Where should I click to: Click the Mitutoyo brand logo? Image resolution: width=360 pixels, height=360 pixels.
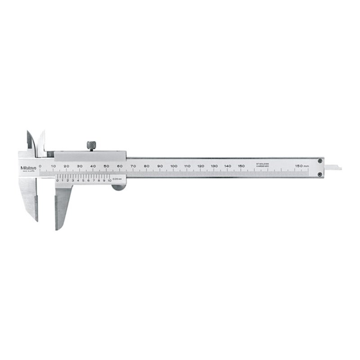pyautogui.click(x=29, y=168)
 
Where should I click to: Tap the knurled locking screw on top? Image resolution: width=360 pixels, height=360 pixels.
pyautogui.click(x=90, y=145)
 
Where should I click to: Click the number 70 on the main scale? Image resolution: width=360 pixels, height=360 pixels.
pyautogui.click(x=133, y=166)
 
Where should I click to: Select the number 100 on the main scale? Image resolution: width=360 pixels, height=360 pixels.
pyautogui.click(x=174, y=166)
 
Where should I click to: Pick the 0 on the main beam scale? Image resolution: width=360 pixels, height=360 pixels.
pyautogui.click(x=40, y=166)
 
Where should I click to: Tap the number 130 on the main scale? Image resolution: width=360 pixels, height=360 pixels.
pyautogui.click(x=214, y=166)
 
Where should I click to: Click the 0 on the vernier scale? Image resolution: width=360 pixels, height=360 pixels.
pyautogui.click(x=57, y=180)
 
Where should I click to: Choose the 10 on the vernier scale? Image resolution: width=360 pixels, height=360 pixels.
pyautogui.click(x=109, y=180)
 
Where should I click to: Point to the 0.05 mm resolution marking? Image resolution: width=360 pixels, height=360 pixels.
pyautogui.click(x=117, y=180)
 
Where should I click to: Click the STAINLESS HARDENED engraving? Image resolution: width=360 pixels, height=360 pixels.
pyautogui.click(x=262, y=165)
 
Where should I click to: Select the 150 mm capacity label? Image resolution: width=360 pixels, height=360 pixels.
pyautogui.click(x=302, y=166)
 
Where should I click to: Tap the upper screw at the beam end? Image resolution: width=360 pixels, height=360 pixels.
pyautogui.click(x=320, y=161)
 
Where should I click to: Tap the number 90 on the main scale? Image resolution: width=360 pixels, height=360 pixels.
pyautogui.click(x=160, y=166)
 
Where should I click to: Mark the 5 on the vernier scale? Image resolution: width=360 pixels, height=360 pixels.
pyautogui.click(x=83, y=180)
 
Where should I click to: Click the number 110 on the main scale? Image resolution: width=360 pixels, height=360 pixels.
pyautogui.click(x=187, y=166)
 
